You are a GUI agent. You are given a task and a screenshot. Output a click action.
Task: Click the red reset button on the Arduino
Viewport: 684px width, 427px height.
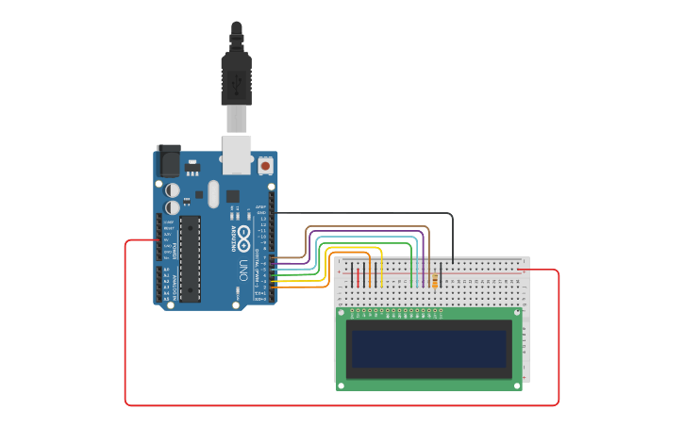tap(265, 166)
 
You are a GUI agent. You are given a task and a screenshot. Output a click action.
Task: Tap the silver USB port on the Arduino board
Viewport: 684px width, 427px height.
tap(238, 155)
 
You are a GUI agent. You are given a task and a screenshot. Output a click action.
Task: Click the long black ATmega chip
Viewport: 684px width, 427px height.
tap(190, 258)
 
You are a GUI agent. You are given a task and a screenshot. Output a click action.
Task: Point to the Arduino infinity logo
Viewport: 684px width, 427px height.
tap(243, 232)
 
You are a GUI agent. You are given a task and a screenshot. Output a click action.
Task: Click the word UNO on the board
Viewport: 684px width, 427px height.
tap(243, 270)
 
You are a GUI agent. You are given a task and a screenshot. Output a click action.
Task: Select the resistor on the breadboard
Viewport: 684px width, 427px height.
tap(434, 279)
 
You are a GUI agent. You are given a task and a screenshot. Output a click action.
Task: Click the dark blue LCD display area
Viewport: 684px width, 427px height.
tap(428, 348)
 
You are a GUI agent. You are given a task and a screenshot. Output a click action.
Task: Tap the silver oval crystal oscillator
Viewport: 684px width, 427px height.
tap(213, 193)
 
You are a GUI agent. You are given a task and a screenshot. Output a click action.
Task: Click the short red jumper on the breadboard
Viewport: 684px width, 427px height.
tap(357, 275)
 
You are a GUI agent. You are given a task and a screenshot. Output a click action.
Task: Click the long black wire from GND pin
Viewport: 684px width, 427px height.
tap(377, 214)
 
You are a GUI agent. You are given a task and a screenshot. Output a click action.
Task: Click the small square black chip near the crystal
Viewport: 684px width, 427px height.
tap(232, 196)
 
